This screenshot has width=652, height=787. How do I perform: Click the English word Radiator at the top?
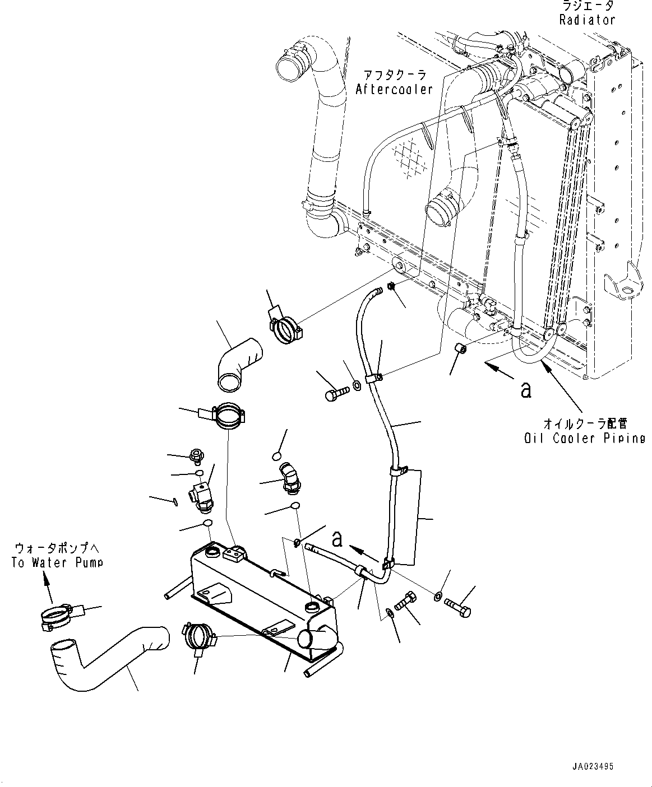587,20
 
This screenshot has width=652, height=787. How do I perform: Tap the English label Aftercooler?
394,89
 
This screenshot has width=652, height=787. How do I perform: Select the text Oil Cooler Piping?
585,438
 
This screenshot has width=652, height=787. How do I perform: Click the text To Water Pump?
57,562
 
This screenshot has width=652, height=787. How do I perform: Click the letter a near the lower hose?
337,538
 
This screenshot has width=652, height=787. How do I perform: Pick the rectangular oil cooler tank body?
258,599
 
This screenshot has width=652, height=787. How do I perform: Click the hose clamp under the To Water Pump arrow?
57,616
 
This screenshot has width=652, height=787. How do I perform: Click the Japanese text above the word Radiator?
588,6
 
